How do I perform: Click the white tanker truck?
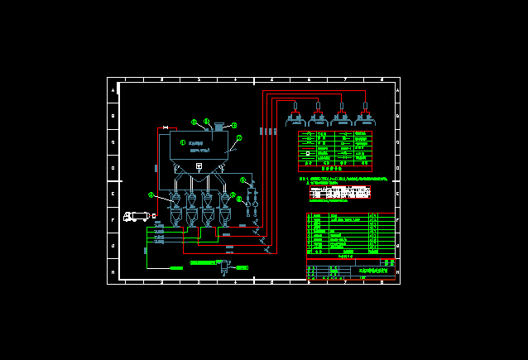(137, 217)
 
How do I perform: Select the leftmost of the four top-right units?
(295, 115)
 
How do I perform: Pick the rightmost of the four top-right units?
(364, 115)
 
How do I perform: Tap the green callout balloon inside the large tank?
(183, 142)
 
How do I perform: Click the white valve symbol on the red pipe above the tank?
(166, 127)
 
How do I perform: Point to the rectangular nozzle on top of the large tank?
(219, 126)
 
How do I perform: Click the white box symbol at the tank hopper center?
(199, 166)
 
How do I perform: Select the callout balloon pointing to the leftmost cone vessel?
(151, 195)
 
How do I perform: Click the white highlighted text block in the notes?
(339, 193)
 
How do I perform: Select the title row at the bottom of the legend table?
(334, 168)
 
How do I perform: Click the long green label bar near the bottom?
(204, 262)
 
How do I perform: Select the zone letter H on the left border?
(113, 271)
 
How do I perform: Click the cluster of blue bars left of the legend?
(267, 131)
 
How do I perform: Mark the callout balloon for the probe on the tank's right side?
(239, 138)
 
